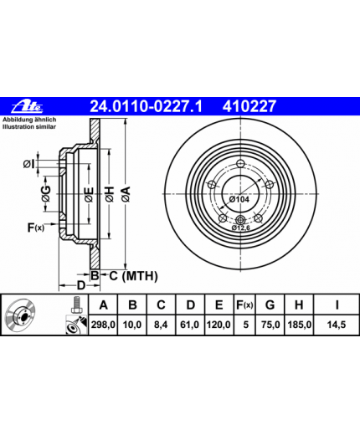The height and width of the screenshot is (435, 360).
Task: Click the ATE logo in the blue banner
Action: coord(27,105)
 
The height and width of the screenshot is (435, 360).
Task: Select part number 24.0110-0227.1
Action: coord(146,106)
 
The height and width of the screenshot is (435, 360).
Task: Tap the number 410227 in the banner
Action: coord(249,106)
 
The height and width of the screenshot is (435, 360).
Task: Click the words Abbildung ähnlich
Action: coord(29,120)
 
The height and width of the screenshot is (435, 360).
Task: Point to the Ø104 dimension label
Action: coord(239,199)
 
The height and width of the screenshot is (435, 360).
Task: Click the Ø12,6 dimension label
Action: coord(240,228)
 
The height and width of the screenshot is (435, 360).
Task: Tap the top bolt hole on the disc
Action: coord(240,164)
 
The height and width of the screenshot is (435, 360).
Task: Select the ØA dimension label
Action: coord(126,194)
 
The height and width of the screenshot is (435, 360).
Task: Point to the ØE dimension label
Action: coord(90,194)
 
